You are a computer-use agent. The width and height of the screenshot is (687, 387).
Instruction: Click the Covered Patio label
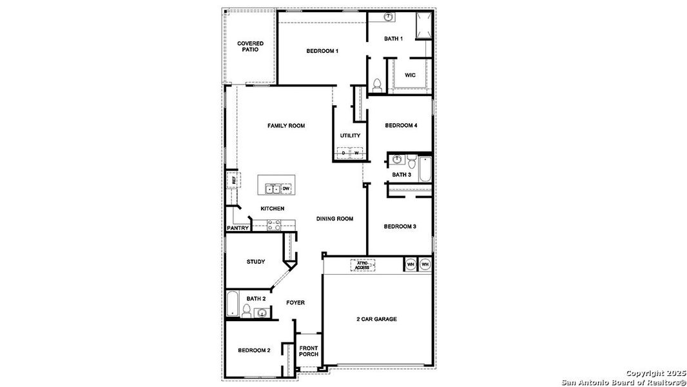(x=250, y=46)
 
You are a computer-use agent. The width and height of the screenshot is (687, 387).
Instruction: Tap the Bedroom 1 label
(x=322, y=51)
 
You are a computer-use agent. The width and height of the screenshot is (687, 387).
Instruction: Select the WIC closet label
(x=410, y=75)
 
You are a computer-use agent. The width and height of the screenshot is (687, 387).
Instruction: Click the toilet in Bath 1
(x=378, y=85)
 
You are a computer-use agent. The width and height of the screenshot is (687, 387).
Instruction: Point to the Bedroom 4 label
(x=401, y=125)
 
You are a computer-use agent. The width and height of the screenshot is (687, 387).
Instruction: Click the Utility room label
(x=350, y=135)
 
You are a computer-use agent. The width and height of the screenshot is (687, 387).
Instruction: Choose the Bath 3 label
(x=402, y=175)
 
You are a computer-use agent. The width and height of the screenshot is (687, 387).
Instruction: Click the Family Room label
(x=286, y=126)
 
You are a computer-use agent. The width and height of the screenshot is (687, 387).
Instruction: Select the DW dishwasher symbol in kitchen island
(x=286, y=188)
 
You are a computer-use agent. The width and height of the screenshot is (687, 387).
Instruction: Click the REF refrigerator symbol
(x=232, y=179)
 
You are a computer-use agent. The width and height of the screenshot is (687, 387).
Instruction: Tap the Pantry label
(x=238, y=228)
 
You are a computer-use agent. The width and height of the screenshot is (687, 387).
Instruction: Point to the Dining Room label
(x=334, y=219)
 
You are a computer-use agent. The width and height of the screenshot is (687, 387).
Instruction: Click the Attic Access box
(x=363, y=264)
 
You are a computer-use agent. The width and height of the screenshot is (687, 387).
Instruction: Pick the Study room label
(x=256, y=262)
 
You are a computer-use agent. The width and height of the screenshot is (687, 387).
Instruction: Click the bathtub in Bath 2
(x=233, y=304)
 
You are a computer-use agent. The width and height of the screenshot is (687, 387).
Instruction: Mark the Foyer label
(x=295, y=303)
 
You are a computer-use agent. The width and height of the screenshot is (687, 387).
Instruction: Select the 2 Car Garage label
(x=376, y=319)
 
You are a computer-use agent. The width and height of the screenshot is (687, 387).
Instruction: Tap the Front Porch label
(x=309, y=352)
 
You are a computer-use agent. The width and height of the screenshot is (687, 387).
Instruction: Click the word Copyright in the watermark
(x=644, y=373)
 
